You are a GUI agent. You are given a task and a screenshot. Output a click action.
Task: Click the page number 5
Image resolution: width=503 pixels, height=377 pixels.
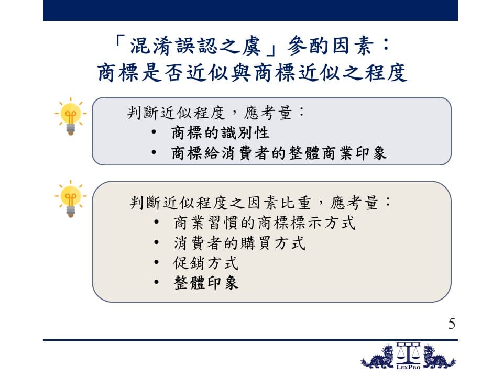[x=452, y=324]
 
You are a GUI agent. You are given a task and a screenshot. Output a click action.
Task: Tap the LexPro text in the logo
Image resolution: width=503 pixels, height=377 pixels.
[x=408, y=367]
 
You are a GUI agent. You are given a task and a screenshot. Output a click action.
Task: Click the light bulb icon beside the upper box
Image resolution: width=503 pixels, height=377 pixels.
[x=71, y=116]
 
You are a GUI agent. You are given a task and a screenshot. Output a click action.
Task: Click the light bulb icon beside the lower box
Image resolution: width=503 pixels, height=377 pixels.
[x=71, y=199]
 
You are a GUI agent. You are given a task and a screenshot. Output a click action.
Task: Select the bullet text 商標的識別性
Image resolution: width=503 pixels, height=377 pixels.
[x=220, y=132]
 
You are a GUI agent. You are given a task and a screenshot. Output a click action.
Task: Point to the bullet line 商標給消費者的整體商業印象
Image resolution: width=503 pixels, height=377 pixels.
[x=279, y=153]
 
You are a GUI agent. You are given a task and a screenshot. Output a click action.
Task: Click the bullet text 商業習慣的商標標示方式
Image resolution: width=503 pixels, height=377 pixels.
[x=265, y=223]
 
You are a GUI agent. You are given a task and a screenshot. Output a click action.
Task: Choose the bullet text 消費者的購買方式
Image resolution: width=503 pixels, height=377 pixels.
[x=239, y=243]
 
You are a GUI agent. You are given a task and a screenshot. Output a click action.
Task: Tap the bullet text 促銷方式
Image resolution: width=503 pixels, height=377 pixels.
[x=205, y=263]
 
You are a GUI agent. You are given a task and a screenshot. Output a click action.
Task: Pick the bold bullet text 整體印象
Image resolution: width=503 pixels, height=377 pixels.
[x=206, y=283]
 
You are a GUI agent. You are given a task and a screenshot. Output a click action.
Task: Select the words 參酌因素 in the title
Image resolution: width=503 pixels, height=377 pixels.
[x=330, y=46]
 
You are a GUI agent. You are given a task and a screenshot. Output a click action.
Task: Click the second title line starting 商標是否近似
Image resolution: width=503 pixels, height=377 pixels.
[x=253, y=72]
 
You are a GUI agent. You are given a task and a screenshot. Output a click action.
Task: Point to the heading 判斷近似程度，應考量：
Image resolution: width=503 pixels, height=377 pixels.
[x=215, y=113]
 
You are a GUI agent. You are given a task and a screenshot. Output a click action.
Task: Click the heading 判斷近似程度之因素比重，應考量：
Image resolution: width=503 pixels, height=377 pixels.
[x=260, y=203]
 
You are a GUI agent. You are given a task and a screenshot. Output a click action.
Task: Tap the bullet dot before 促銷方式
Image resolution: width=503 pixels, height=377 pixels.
[x=156, y=262]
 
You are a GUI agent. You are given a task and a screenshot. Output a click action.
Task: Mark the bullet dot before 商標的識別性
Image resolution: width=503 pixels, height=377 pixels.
[x=154, y=132]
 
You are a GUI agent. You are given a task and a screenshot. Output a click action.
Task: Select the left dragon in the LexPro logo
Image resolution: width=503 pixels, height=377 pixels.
[x=378, y=357]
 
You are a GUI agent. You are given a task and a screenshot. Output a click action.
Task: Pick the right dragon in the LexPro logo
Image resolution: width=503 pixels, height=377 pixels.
[x=439, y=357]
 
